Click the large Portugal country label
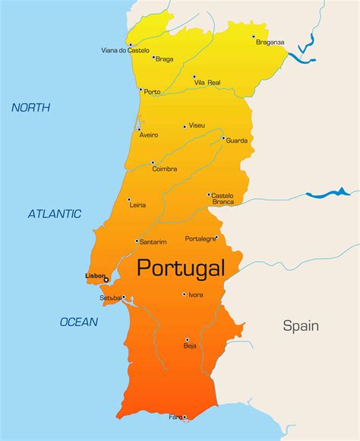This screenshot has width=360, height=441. [181, 268]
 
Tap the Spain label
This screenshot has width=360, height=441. [301, 326]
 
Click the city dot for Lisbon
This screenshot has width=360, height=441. [106, 280]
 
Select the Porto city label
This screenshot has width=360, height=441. [152, 93]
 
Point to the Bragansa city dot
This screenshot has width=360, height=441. [254, 36]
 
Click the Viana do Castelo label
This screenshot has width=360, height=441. [125, 51]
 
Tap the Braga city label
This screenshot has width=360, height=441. [165, 58]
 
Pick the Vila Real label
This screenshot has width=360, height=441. [207, 82]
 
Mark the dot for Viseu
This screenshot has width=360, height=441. [185, 126]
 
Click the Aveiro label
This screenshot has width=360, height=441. [149, 135]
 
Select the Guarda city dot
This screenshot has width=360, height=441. [223, 138]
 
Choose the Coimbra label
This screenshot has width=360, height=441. [165, 169]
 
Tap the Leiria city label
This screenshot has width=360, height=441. [137, 205]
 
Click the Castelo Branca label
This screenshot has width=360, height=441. [223, 199]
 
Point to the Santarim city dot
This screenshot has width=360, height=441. [137, 241]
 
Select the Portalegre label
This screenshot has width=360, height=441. [201, 238]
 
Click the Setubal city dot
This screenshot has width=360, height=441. [124, 298]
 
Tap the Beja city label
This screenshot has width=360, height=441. [189, 346]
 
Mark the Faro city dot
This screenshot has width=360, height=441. [184, 417]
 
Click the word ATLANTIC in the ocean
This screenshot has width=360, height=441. [55, 214]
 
